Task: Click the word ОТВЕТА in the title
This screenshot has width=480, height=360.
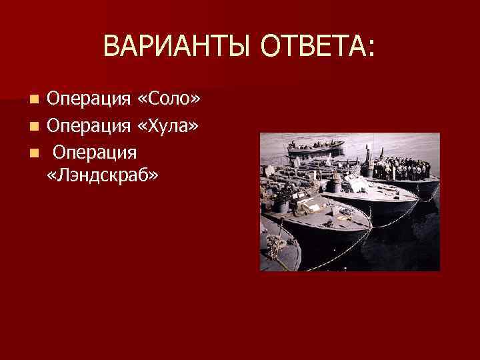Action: tap(313, 47)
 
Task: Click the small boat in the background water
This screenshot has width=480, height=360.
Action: tap(315, 147)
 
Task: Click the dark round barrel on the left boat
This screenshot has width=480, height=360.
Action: tap(283, 206)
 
